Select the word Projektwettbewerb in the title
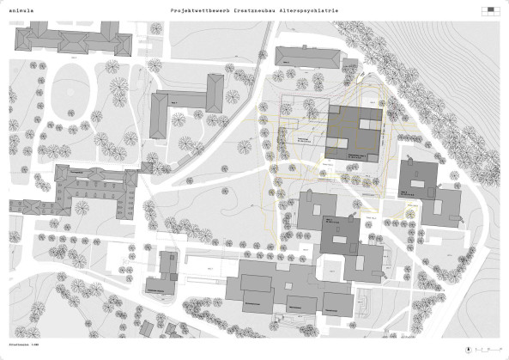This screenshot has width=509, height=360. coord(195,10)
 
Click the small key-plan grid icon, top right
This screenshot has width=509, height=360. coord(490,11)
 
